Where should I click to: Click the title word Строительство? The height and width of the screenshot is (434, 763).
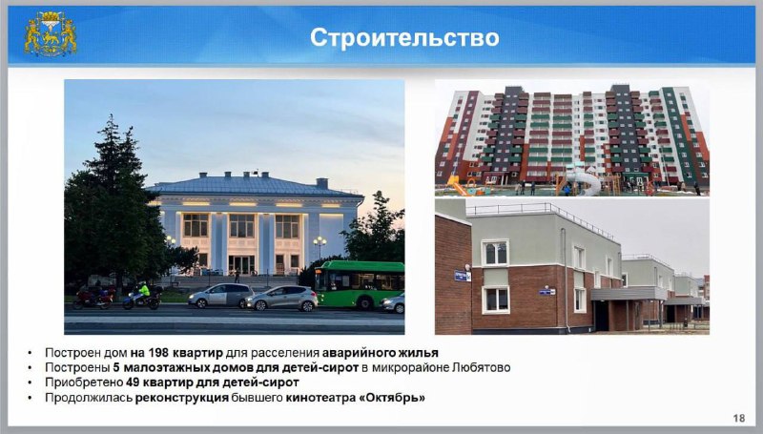click(404, 38)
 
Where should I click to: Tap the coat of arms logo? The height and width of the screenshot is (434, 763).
click(51, 33)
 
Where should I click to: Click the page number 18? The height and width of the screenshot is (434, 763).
click(738, 418)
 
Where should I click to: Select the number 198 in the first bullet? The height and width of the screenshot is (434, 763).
click(158, 352)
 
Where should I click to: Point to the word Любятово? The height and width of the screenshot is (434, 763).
click(482, 367)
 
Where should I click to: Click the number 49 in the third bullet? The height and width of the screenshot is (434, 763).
click(132, 382)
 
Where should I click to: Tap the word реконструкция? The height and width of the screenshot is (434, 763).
click(181, 398)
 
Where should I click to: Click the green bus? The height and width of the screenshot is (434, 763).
click(360, 284)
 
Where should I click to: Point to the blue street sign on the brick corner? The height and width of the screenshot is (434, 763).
click(462, 276)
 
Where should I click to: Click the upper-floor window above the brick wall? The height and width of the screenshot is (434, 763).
click(495, 253)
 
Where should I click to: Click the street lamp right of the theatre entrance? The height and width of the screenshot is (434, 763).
click(320, 247)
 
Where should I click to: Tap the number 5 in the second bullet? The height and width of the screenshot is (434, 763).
click(116, 367)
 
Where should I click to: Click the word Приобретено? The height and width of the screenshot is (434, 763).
click(84, 382)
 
